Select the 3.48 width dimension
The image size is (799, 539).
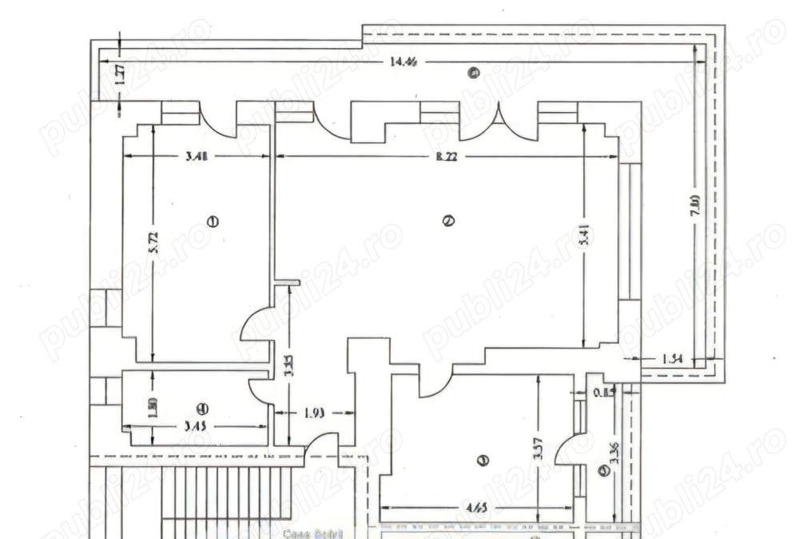pyautogui.click(x=197, y=156)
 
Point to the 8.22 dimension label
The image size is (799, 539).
pyautogui.click(x=447, y=156)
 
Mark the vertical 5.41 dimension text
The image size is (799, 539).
pyautogui.click(x=587, y=240)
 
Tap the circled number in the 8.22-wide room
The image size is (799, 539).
pyautogui.click(x=448, y=222)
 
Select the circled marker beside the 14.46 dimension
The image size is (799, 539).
pyautogui.click(x=473, y=74)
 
